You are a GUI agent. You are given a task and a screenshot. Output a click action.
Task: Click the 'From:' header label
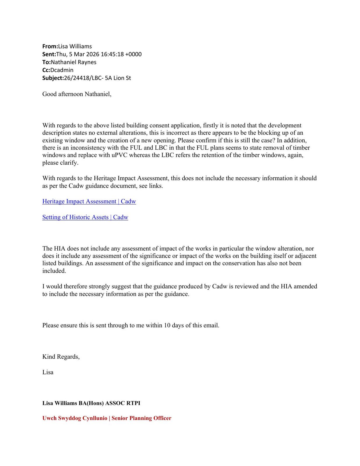point(50,46)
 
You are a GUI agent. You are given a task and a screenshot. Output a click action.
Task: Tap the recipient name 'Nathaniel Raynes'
point(73,62)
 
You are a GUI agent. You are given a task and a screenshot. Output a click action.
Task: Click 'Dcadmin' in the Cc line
point(62,70)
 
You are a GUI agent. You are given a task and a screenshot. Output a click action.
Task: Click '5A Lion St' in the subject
point(120,78)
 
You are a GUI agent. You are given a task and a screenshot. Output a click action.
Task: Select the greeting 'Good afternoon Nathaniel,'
point(77,94)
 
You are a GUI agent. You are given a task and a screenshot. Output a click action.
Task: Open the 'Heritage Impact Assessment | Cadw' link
point(89,202)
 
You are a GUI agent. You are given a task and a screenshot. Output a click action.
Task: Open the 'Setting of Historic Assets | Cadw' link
point(85,217)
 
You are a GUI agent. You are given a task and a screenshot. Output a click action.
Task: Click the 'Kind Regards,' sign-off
point(61,357)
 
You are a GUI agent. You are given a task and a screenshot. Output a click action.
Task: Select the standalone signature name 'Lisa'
point(48,372)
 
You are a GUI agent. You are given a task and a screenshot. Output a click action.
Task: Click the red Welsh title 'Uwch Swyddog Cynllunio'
point(75,418)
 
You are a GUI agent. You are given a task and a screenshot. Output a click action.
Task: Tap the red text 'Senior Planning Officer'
point(141,418)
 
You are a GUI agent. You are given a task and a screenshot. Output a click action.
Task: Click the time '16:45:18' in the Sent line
point(112,54)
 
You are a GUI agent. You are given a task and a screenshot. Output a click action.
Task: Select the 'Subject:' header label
point(53,78)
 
